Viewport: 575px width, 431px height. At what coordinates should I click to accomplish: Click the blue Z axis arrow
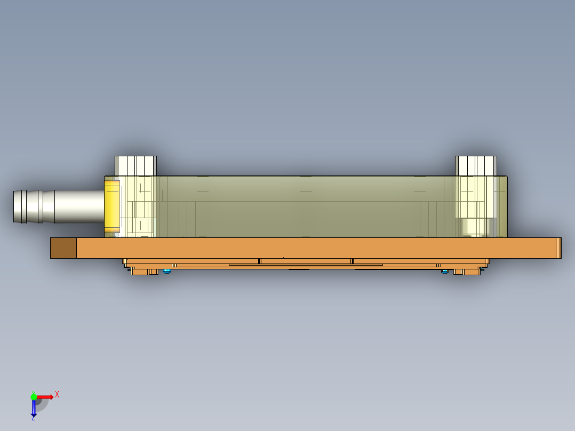point(34,408)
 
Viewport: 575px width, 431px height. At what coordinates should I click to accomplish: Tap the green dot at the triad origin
point(34,397)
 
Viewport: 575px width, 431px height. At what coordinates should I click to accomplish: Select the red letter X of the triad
point(57,395)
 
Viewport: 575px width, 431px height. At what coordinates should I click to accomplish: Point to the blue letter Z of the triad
point(33,418)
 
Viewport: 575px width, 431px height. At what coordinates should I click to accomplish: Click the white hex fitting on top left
point(135,165)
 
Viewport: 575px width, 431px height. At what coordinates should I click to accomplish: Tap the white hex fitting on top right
point(476,165)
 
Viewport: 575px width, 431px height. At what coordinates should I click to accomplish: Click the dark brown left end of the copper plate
point(63,248)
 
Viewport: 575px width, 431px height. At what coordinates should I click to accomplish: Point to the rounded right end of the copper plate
point(558,248)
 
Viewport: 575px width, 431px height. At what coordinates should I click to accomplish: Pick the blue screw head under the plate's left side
point(167,272)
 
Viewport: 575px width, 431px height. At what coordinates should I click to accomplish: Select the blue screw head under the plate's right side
point(445,272)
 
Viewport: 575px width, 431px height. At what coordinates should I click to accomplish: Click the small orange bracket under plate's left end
point(145,272)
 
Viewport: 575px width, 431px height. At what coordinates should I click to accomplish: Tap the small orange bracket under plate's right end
point(466,272)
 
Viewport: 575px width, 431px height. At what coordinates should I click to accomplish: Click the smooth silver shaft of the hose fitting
point(80,206)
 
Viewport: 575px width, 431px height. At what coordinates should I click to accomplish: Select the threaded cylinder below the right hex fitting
point(475,227)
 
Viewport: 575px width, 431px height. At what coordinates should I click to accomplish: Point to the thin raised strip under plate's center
point(306,264)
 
